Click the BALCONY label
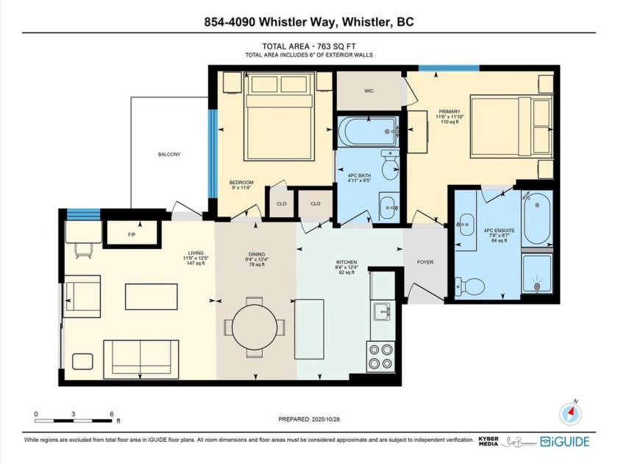[168, 154]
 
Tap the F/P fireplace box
[132, 235]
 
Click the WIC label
[370, 92]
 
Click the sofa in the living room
[141, 359]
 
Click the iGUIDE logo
[566, 441]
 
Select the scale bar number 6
[111, 414]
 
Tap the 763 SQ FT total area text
[309, 46]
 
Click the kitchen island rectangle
[309, 328]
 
